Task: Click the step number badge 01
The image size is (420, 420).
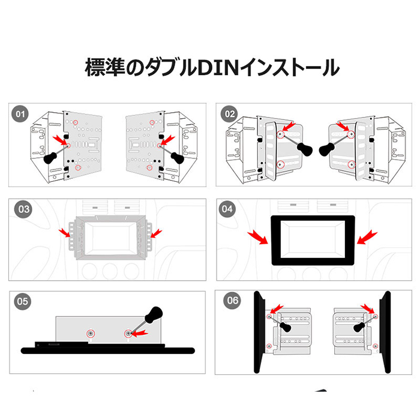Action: (20, 114)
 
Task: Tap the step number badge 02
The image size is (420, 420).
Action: (230, 114)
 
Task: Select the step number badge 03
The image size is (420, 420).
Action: (23, 209)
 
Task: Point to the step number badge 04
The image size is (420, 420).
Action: (227, 209)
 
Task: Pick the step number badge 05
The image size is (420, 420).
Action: (23, 301)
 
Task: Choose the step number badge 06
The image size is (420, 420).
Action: (232, 301)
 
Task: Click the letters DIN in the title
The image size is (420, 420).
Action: (218, 67)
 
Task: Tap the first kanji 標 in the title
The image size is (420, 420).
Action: (95, 67)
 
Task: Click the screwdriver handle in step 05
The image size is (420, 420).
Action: (154, 314)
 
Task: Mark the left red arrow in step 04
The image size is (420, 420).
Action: (258, 238)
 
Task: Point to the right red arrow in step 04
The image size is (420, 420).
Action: (367, 237)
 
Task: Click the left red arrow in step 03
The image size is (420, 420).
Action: (65, 233)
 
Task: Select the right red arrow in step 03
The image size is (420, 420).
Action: (156, 233)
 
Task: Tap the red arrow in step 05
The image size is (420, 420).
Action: (139, 332)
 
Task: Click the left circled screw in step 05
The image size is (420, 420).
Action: (91, 334)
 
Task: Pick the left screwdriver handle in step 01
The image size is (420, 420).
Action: (50, 158)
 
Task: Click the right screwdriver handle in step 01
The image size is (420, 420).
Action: (178, 158)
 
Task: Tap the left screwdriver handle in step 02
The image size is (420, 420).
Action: (305, 149)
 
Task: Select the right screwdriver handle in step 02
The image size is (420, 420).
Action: (327, 150)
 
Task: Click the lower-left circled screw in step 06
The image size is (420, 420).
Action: (269, 346)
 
